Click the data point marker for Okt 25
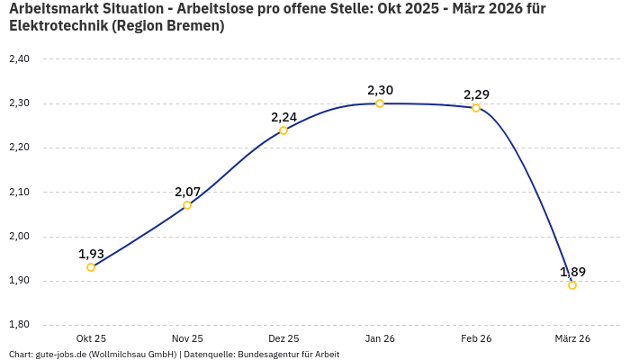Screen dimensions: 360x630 [x=91, y=267]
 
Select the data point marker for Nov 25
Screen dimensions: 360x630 [x=187, y=205]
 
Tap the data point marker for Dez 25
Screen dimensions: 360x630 [x=283, y=130]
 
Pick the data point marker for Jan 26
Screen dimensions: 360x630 [x=380, y=103]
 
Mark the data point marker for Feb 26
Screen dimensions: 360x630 [x=476, y=108]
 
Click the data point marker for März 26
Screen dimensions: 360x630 [x=572, y=285]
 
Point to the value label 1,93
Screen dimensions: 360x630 [x=91, y=254]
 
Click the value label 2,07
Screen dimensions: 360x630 [x=187, y=192]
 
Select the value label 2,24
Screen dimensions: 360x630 [x=283, y=117]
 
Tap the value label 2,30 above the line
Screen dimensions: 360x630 [x=380, y=90]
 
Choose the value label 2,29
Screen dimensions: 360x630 [x=476, y=94]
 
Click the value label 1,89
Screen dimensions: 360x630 [x=572, y=272]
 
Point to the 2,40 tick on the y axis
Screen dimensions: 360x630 [x=19, y=59]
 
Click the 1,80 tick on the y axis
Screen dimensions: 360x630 [x=19, y=325]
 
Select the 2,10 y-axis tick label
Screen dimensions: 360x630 [x=19, y=192]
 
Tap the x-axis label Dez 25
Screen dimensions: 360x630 [x=283, y=338]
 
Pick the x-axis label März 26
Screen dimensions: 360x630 [x=572, y=338]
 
